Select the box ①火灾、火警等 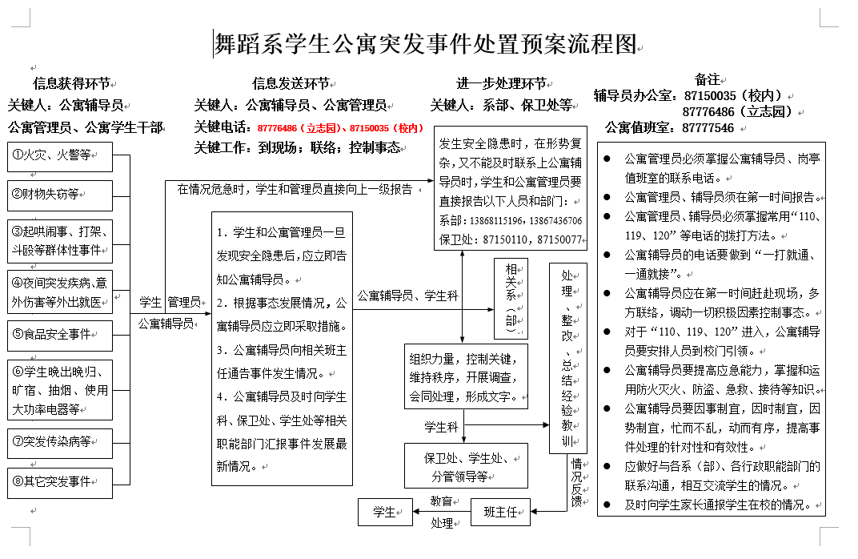click(x=60, y=155)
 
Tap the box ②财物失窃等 click(x=60, y=195)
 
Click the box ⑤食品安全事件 click(x=60, y=336)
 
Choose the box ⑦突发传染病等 click(x=60, y=441)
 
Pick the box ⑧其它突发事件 click(x=60, y=482)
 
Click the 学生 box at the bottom click(x=385, y=512)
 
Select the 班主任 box click(x=501, y=512)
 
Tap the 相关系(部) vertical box click(x=511, y=298)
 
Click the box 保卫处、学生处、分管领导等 click(x=466, y=466)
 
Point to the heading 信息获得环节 click(x=71, y=83)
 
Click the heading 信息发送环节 click(x=291, y=83)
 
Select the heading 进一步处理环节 click(x=502, y=83)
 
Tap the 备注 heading click(x=708, y=79)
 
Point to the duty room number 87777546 click(x=708, y=127)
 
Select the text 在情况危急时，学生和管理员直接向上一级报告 click(x=295, y=190)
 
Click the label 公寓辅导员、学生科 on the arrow click(x=407, y=296)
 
